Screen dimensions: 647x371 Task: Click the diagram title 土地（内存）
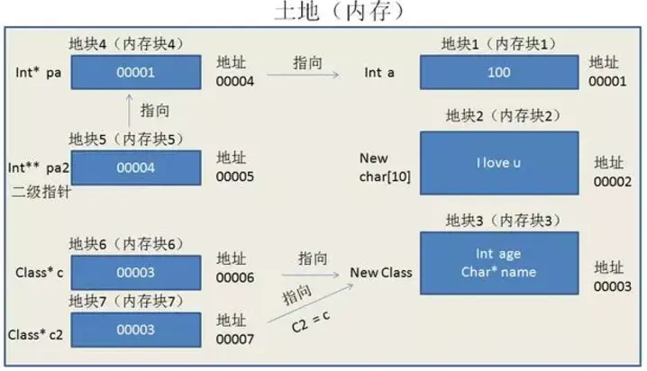pos(338,12)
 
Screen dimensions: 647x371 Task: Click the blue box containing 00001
pos(137,71)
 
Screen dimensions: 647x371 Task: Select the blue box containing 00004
pos(137,167)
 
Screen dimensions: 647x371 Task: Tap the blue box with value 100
pos(498,71)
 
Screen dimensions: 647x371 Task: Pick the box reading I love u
pos(498,163)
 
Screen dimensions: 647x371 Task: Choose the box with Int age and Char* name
pos(498,263)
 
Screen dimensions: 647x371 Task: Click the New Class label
pos(380,272)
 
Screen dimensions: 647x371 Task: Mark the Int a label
pos(379,72)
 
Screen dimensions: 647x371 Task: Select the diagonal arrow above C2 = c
pos(306,304)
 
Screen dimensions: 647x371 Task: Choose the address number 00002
pos(612,180)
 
